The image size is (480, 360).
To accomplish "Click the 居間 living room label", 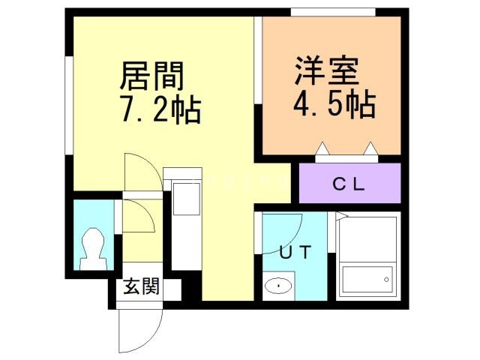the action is click(x=151, y=76).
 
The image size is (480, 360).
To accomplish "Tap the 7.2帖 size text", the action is click(x=161, y=109).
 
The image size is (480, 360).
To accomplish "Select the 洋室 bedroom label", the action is click(x=326, y=70).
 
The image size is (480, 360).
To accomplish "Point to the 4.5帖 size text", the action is click(x=334, y=104).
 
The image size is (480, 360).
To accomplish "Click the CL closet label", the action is click(x=349, y=184).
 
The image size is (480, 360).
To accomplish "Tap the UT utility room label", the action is click(x=295, y=252).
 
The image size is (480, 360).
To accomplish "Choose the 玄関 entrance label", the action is click(x=142, y=286).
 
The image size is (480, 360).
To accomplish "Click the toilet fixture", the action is click(x=93, y=249).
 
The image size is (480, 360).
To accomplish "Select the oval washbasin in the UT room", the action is click(x=278, y=286).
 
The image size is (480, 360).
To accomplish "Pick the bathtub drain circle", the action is click(x=386, y=280).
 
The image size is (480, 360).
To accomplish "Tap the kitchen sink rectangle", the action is click(x=187, y=199).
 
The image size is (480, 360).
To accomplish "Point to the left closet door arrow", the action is click(x=322, y=148).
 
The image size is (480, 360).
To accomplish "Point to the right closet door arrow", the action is click(x=370, y=148).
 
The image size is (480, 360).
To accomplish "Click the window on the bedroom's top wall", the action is click(x=333, y=12).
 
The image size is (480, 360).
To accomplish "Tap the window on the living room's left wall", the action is click(x=69, y=106).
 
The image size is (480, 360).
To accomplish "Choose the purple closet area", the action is click(x=350, y=183).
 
